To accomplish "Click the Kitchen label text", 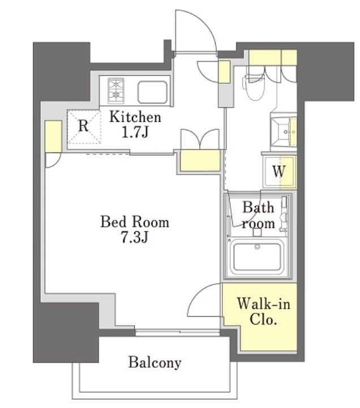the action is click(x=135, y=117).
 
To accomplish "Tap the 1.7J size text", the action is click(x=135, y=132).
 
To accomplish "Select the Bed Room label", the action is click(x=135, y=222).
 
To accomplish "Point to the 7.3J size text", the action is click(x=135, y=237).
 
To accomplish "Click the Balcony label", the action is click(x=155, y=362).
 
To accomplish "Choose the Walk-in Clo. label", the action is click(x=263, y=312).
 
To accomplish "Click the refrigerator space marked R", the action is click(x=84, y=127).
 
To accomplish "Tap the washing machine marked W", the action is click(x=279, y=171).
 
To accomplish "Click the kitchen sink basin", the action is click(x=153, y=92).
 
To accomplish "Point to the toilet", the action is click(x=253, y=86).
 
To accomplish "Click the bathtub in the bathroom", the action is click(x=257, y=257).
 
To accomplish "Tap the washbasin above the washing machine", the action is click(x=284, y=131).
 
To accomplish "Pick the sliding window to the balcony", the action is click(x=178, y=332).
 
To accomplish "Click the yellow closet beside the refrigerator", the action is click(x=53, y=136).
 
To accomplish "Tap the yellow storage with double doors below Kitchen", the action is click(x=200, y=160).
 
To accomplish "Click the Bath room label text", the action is click(x=258, y=215).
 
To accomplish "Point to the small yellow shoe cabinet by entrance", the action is click(x=224, y=72).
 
